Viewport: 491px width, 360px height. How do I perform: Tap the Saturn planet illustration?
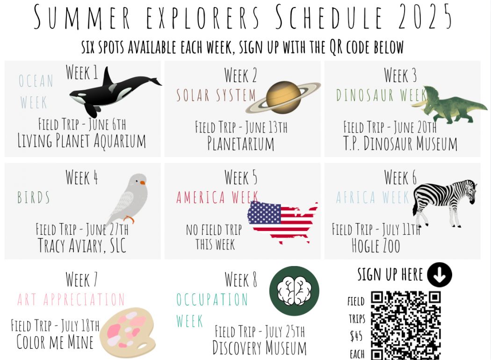pos(283,97)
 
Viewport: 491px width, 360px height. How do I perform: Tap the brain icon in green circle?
pos(294,291)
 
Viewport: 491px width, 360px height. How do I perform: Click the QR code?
pos(406,325)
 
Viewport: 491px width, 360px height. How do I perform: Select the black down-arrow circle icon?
pos(440,274)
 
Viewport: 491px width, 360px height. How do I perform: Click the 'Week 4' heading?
pos(82,178)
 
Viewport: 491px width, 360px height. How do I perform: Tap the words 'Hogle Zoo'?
pos(376,246)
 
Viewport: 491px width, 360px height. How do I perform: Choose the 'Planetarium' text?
pos(240,144)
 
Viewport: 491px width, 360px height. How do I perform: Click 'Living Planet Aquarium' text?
pos(82,141)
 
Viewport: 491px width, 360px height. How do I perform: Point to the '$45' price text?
pos(356,337)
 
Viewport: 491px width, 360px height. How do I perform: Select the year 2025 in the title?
pos(425,17)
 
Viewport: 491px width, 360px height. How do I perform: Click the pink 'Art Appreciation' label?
pos(71,300)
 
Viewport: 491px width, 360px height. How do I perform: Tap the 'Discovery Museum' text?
pos(259,348)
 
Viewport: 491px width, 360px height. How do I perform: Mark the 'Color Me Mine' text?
pos(55,342)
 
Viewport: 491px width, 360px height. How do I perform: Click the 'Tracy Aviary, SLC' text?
pos(82,245)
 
